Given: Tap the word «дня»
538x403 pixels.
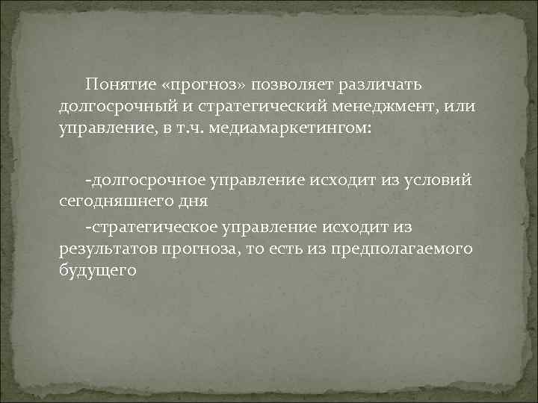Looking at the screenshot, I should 187,201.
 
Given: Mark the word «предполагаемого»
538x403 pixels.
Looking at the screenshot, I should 401,247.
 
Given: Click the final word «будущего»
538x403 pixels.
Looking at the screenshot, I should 97,269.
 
